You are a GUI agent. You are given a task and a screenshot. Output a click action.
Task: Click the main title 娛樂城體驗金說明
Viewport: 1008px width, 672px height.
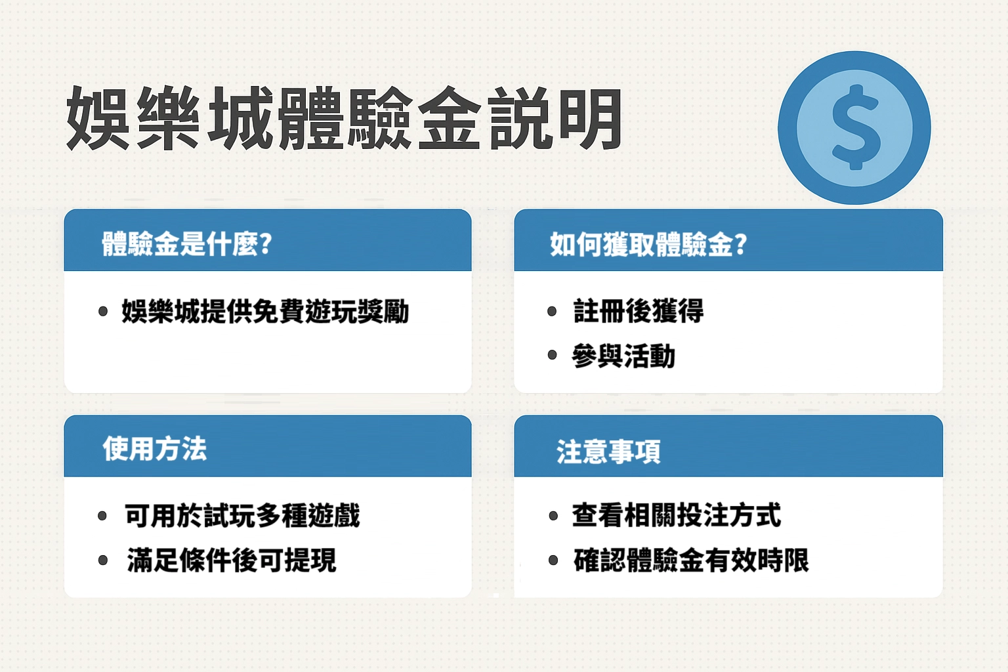(x=344, y=119)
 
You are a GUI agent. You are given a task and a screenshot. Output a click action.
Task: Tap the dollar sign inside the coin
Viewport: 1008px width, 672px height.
(x=855, y=127)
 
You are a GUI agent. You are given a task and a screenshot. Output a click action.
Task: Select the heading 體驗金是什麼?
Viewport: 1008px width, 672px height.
(x=186, y=244)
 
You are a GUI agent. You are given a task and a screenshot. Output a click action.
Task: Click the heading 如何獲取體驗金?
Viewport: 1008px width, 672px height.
(x=648, y=244)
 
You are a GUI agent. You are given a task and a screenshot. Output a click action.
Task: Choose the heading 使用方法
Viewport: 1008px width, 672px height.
(x=155, y=450)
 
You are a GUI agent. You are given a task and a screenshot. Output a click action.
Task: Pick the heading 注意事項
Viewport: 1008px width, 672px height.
(x=608, y=451)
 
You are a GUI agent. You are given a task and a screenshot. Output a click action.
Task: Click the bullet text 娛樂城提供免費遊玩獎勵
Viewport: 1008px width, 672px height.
(x=265, y=311)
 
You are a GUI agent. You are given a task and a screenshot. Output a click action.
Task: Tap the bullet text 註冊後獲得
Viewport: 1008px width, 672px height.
(x=638, y=310)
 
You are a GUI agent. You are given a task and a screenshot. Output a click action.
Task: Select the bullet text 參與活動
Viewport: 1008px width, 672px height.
(x=623, y=356)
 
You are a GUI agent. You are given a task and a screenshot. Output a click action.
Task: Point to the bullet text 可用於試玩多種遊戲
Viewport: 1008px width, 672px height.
(x=242, y=515)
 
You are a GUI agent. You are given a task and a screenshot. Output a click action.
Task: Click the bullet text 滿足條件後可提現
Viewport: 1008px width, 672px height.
(x=231, y=560)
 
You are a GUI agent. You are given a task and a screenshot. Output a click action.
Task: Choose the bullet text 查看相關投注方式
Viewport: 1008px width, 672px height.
(x=676, y=515)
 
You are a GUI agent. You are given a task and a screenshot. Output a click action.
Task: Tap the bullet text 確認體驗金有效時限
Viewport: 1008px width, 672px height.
(x=691, y=560)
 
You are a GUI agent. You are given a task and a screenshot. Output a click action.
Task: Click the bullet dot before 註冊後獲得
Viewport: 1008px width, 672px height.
(x=552, y=311)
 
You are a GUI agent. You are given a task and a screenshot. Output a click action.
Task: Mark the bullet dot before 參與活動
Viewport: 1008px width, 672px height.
(x=552, y=356)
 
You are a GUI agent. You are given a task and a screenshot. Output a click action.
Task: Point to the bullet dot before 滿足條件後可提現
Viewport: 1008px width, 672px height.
(x=103, y=560)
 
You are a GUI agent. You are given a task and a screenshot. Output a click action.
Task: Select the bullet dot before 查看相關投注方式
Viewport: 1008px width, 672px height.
(x=553, y=516)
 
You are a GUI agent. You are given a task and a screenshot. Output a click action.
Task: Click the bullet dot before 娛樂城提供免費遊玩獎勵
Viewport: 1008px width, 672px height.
(x=103, y=311)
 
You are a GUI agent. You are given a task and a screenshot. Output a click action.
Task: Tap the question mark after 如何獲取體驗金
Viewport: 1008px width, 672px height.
(x=741, y=244)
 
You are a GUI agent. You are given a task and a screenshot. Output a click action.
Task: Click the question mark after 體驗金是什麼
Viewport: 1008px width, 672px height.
(x=266, y=244)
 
